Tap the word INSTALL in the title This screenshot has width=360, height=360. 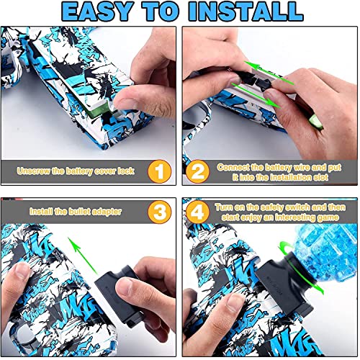tap(246, 12)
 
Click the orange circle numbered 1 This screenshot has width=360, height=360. tap(159, 171)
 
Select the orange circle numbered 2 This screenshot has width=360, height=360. tap(197, 171)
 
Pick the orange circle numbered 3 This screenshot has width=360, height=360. tap(159, 212)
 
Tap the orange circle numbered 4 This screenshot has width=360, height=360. tap(197, 212)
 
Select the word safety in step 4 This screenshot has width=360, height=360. tap(269, 207)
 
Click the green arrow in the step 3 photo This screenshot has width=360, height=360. tap(83, 256)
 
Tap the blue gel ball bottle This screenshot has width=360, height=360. tap(325, 251)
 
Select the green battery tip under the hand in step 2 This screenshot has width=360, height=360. tap(316, 122)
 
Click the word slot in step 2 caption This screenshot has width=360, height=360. tap(320, 177)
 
